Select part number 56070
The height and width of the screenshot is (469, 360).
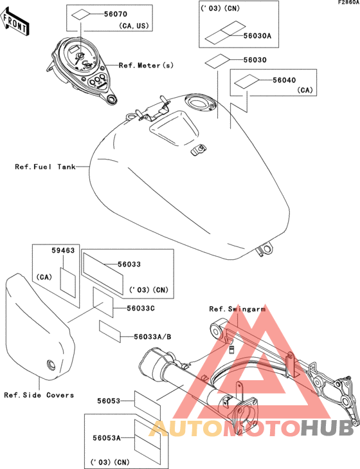point(116,14)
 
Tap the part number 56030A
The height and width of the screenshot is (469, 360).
point(257,36)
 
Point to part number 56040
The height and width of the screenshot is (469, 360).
point(284,80)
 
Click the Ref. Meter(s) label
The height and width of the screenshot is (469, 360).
point(146,65)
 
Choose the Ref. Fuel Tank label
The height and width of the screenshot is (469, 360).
point(45,167)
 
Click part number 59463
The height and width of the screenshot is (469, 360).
point(63,250)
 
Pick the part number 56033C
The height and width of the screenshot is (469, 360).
point(141,308)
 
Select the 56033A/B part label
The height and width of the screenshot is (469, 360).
point(152,337)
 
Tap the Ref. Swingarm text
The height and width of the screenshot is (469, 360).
point(237,309)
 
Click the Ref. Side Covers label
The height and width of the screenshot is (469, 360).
point(39,395)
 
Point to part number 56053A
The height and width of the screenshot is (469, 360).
point(107,438)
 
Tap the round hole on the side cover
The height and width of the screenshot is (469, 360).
point(51,365)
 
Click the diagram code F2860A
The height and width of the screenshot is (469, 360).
point(348,3)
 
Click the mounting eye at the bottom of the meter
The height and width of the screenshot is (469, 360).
point(112,98)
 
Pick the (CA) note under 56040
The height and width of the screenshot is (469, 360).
point(305,90)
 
